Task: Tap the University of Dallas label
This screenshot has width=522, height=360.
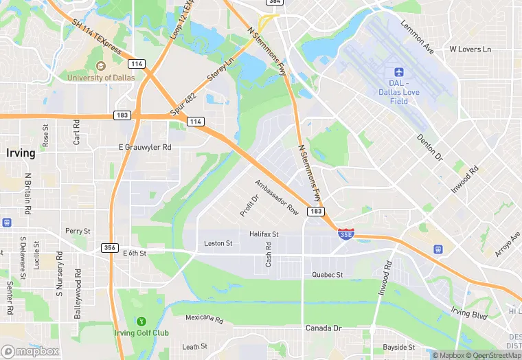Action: pos(99,78)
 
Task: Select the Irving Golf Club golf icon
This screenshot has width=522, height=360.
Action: pos(141,321)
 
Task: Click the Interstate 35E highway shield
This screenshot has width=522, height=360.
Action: pos(347,234)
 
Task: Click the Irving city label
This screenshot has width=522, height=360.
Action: pos(21,153)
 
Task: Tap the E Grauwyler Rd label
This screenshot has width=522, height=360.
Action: pos(144,147)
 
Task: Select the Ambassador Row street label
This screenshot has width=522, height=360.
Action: pos(277,197)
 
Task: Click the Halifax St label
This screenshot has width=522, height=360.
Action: pos(264,234)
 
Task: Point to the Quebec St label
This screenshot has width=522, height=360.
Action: pos(327,275)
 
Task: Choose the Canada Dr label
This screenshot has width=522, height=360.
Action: pos(324,328)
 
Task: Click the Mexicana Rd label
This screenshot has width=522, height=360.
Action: pos(205,319)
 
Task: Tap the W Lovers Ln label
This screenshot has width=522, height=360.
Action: pos(470,49)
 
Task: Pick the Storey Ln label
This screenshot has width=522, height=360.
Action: pos(220,68)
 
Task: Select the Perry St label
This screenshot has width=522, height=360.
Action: pos(78,232)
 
